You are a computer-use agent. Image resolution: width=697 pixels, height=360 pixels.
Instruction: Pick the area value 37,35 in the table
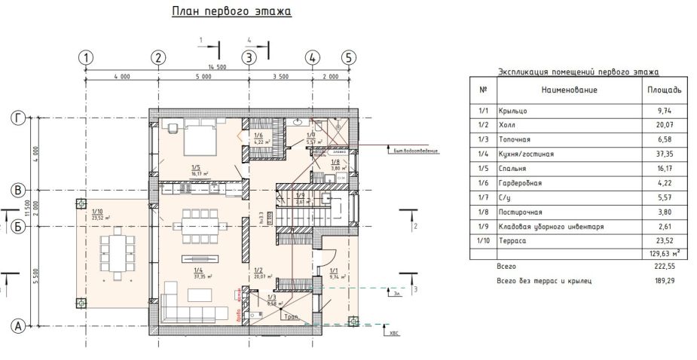pyautogui.click(x=664, y=154)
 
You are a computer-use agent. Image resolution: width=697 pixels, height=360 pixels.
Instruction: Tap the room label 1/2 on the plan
pyautogui.click(x=258, y=270)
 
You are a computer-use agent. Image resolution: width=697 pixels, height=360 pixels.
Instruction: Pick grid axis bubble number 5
pyautogui.click(x=347, y=58)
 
